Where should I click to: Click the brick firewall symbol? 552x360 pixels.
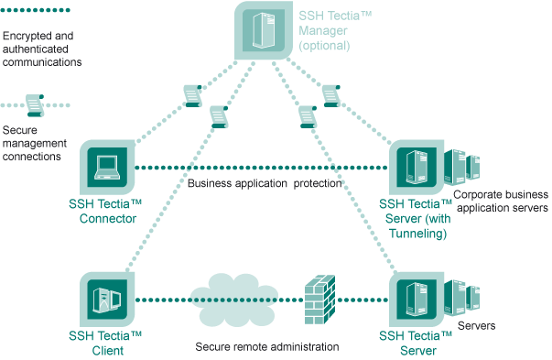pos(317,300)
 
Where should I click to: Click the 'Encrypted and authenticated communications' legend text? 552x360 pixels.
pos(42,49)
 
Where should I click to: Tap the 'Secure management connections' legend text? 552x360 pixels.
pos(32,144)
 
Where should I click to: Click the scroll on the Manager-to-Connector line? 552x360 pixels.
pos(191,94)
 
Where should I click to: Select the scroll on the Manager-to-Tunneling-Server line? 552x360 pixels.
pos(331,94)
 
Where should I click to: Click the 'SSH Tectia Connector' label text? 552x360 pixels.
pos(104,211)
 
